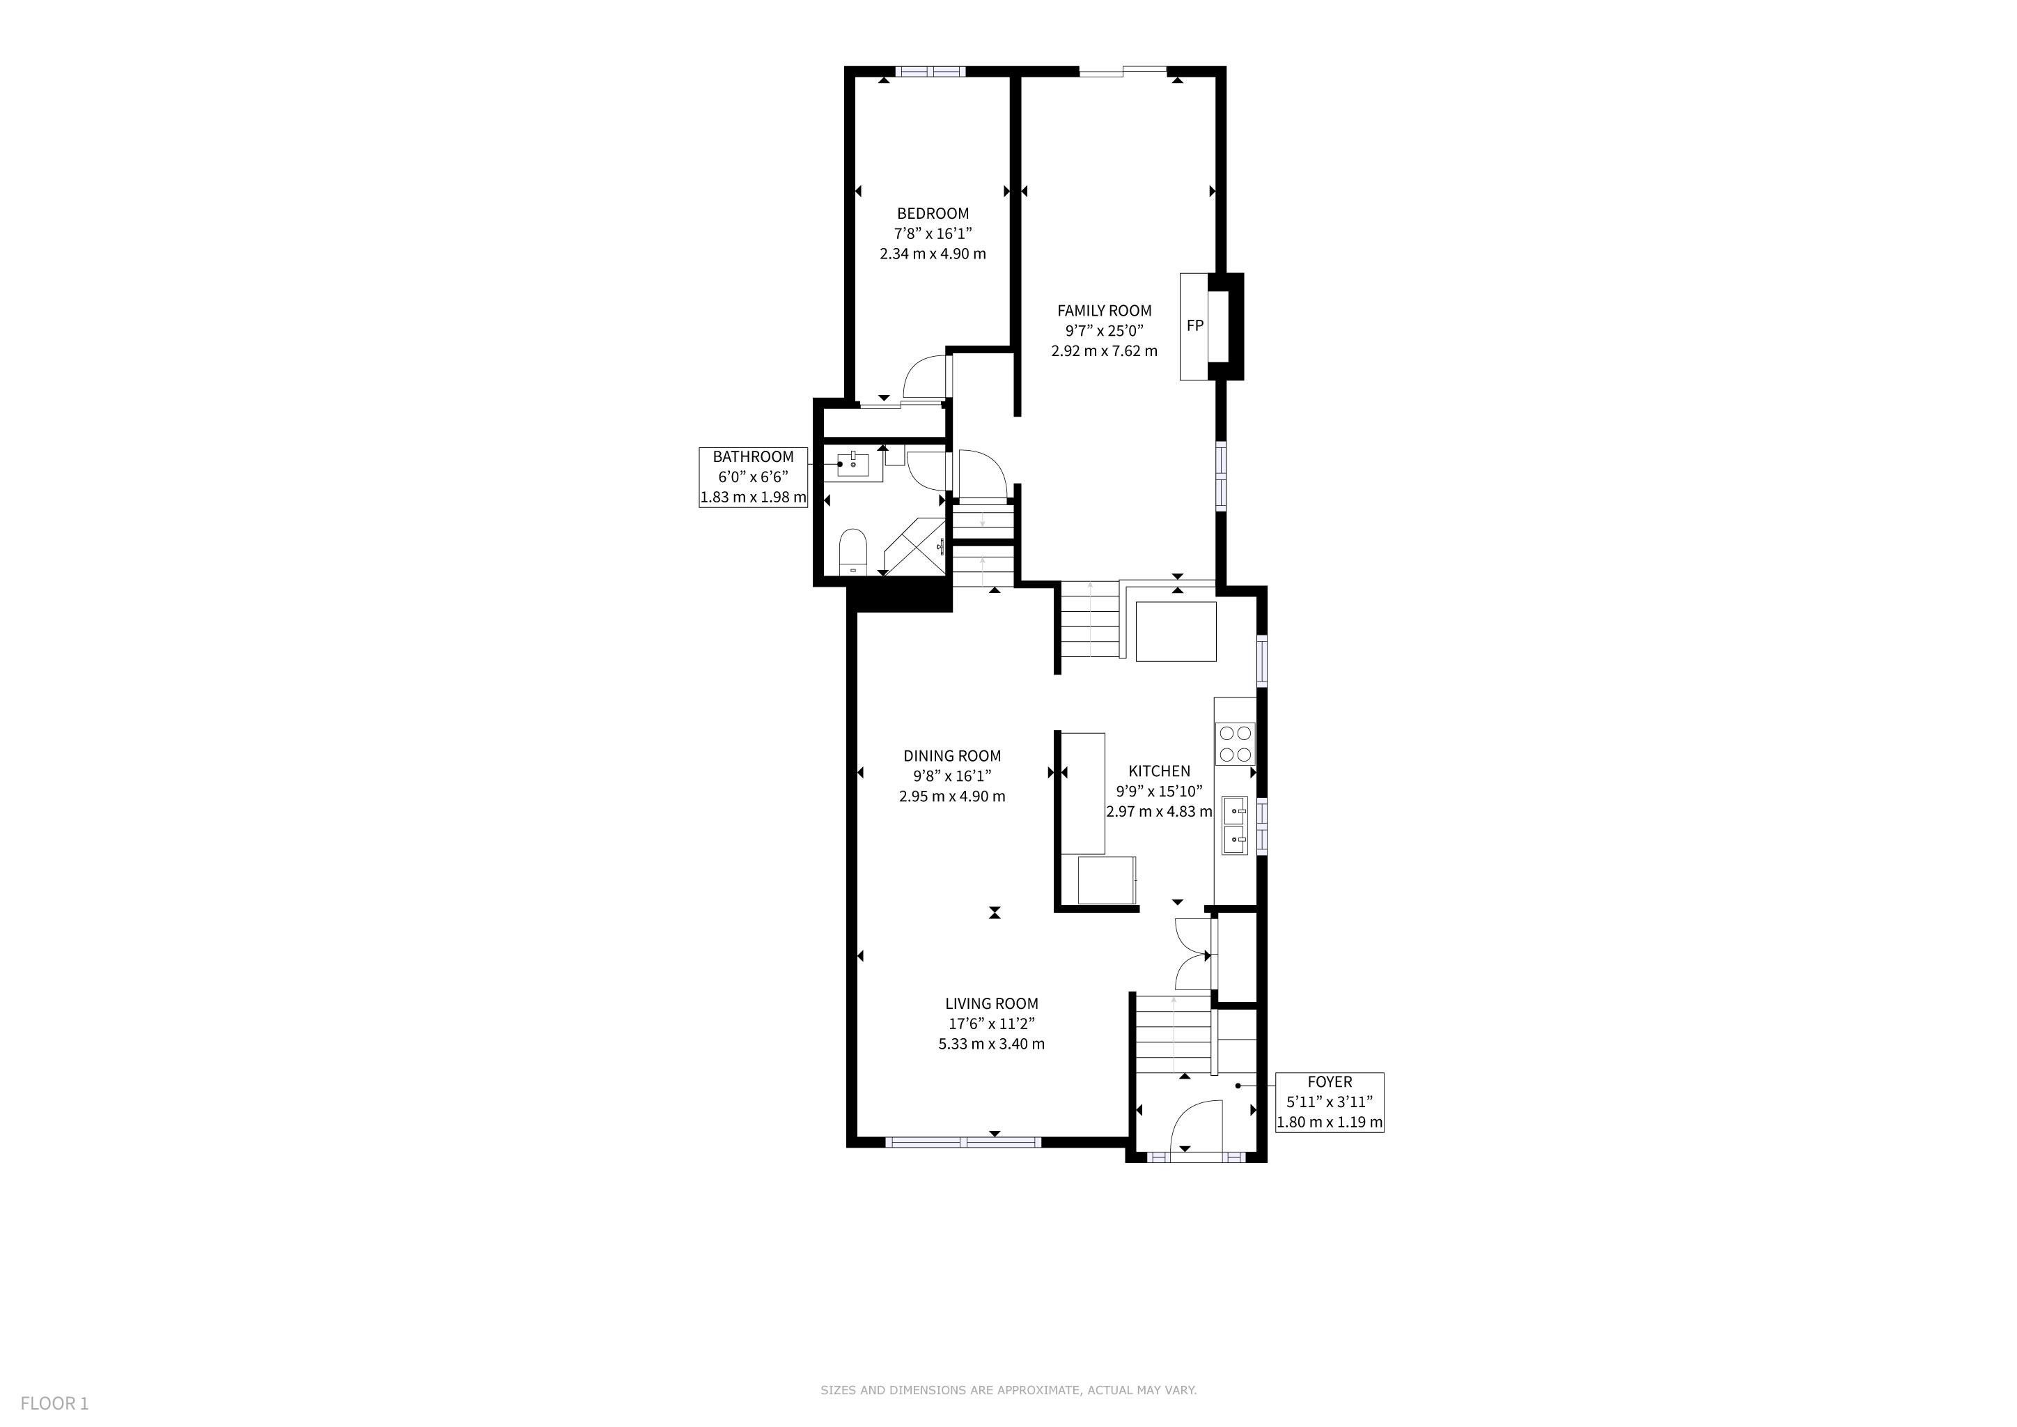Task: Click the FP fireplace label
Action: [1194, 326]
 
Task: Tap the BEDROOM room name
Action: [933, 213]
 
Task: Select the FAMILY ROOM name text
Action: [1104, 311]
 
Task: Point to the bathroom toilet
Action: [853, 551]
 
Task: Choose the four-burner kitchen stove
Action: [1235, 743]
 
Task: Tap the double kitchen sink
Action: [1235, 826]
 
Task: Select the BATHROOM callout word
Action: [753, 457]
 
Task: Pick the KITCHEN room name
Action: [1160, 771]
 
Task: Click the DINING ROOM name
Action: [952, 757]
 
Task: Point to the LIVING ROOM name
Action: [992, 1004]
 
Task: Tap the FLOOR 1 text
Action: [54, 1403]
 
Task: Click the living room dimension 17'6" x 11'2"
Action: [992, 1024]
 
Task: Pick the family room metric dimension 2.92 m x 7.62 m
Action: [1104, 351]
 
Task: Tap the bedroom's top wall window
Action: [930, 72]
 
